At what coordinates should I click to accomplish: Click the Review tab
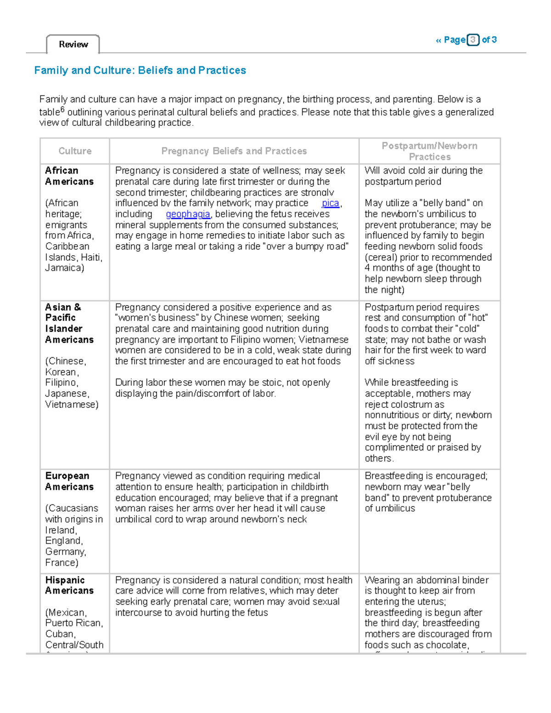[73, 45]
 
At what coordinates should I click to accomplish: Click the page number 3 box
[472, 40]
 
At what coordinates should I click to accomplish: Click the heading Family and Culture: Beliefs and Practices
[140, 70]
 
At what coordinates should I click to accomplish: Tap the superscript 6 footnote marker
[62, 110]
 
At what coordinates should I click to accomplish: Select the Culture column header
[75, 151]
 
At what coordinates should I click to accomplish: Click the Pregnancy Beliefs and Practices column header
[234, 151]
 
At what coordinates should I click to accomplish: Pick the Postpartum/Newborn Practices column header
[429, 151]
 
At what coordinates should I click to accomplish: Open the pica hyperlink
[330, 203]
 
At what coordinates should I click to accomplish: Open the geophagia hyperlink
[188, 214]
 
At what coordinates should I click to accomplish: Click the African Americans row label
[69, 176]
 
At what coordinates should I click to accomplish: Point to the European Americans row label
[69, 481]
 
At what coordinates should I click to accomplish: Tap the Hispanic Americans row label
[69, 585]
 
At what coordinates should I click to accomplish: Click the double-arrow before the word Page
[438, 40]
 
